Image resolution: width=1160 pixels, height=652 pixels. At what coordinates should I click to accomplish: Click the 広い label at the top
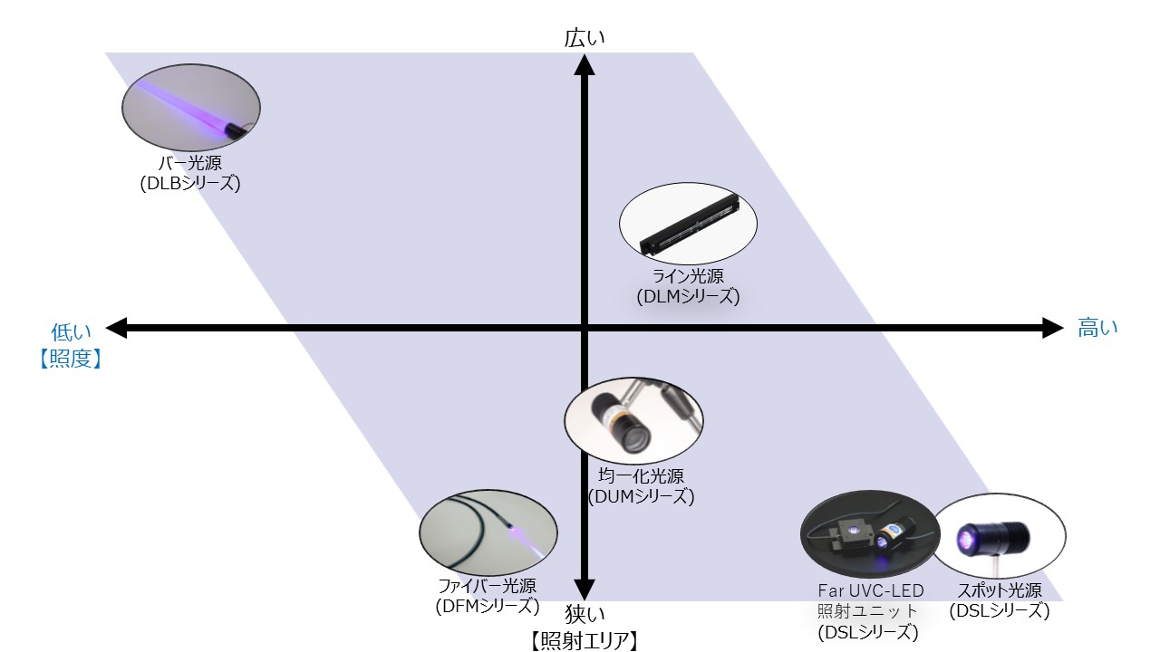[x=585, y=38]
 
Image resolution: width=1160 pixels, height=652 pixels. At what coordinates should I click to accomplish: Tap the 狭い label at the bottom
[x=585, y=614]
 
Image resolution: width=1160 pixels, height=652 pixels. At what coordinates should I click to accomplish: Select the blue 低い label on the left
[x=71, y=332]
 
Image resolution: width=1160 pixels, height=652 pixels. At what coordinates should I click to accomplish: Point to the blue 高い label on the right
[x=1097, y=328]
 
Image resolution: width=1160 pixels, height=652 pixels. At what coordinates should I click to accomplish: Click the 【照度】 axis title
[x=71, y=359]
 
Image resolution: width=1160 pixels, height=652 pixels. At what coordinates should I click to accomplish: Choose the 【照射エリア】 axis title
[x=585, y=641]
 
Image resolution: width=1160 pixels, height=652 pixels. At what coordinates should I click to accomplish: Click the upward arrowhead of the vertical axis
[x=585, y=64]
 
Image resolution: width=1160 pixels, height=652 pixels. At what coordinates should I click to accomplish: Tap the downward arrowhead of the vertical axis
[x=585, y=590]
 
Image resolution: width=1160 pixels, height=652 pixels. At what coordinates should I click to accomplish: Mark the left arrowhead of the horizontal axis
[x=117, y=328]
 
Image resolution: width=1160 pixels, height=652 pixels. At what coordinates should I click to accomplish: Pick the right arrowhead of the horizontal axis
[x=1053, y=328]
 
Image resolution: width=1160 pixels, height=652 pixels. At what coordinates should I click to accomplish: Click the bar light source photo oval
[x=191, y=108]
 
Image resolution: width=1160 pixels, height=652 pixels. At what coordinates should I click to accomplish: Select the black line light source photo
[x=688, y=224]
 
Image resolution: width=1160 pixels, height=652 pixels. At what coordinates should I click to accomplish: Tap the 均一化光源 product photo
[x=633, y=421]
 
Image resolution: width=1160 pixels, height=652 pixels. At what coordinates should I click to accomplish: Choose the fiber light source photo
[x=488, y=532]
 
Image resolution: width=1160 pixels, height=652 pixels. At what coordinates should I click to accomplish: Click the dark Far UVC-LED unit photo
[x=870, y=534]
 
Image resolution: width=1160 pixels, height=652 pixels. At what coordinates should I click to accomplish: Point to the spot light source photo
[x=999, y=535]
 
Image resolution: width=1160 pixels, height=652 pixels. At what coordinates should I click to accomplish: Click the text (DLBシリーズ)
[x=190, y=184]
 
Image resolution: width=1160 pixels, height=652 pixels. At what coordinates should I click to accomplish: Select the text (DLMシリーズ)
[x=688, y=296]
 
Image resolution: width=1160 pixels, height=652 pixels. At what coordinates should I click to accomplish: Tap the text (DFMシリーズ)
[x=488, y=606]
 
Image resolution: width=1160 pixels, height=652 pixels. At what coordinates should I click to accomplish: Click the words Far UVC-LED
[x=871, y=590]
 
